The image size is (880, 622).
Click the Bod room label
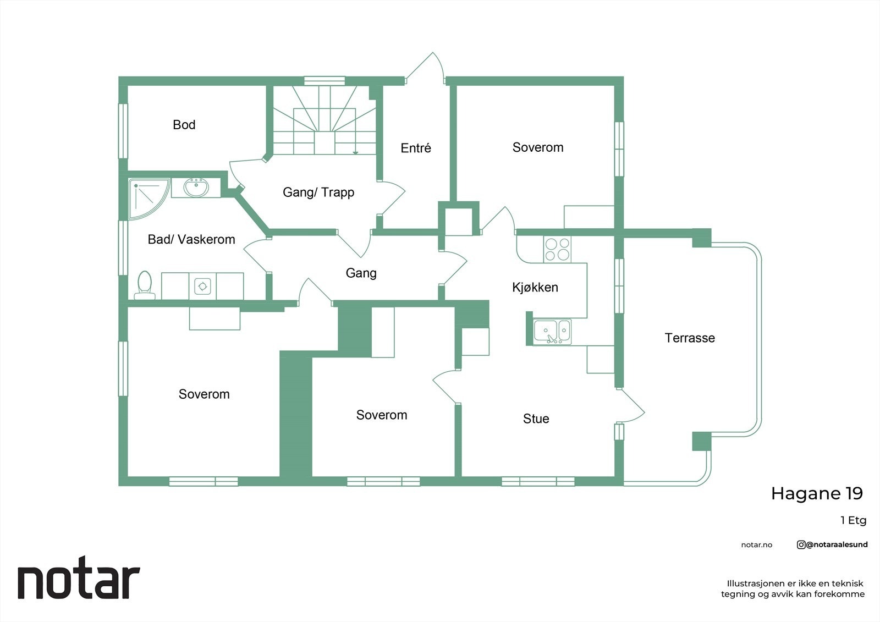coord(184,125)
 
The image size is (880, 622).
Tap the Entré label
coord(416,148)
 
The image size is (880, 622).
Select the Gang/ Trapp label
coord(318,192)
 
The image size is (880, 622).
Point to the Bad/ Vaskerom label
coord(191,239)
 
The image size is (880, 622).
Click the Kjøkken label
coord(535,287)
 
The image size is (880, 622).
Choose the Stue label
coord(536,419)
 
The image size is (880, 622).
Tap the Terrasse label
coord(690,338)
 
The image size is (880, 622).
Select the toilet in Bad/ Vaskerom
coord(145,285)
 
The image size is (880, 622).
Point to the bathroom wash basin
coord(196,188)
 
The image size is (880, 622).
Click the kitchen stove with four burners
coord(557,250)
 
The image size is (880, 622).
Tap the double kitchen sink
coord(552,332)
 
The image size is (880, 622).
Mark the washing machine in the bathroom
coord(203,286)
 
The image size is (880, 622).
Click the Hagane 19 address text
coord(817,494)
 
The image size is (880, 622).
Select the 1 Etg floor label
coord(853,521)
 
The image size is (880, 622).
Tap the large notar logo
coord(79,577)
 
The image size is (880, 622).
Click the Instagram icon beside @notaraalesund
coord(801,544)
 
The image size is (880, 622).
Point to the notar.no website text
coord(757,545)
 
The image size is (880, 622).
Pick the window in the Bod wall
coord(123,131)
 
